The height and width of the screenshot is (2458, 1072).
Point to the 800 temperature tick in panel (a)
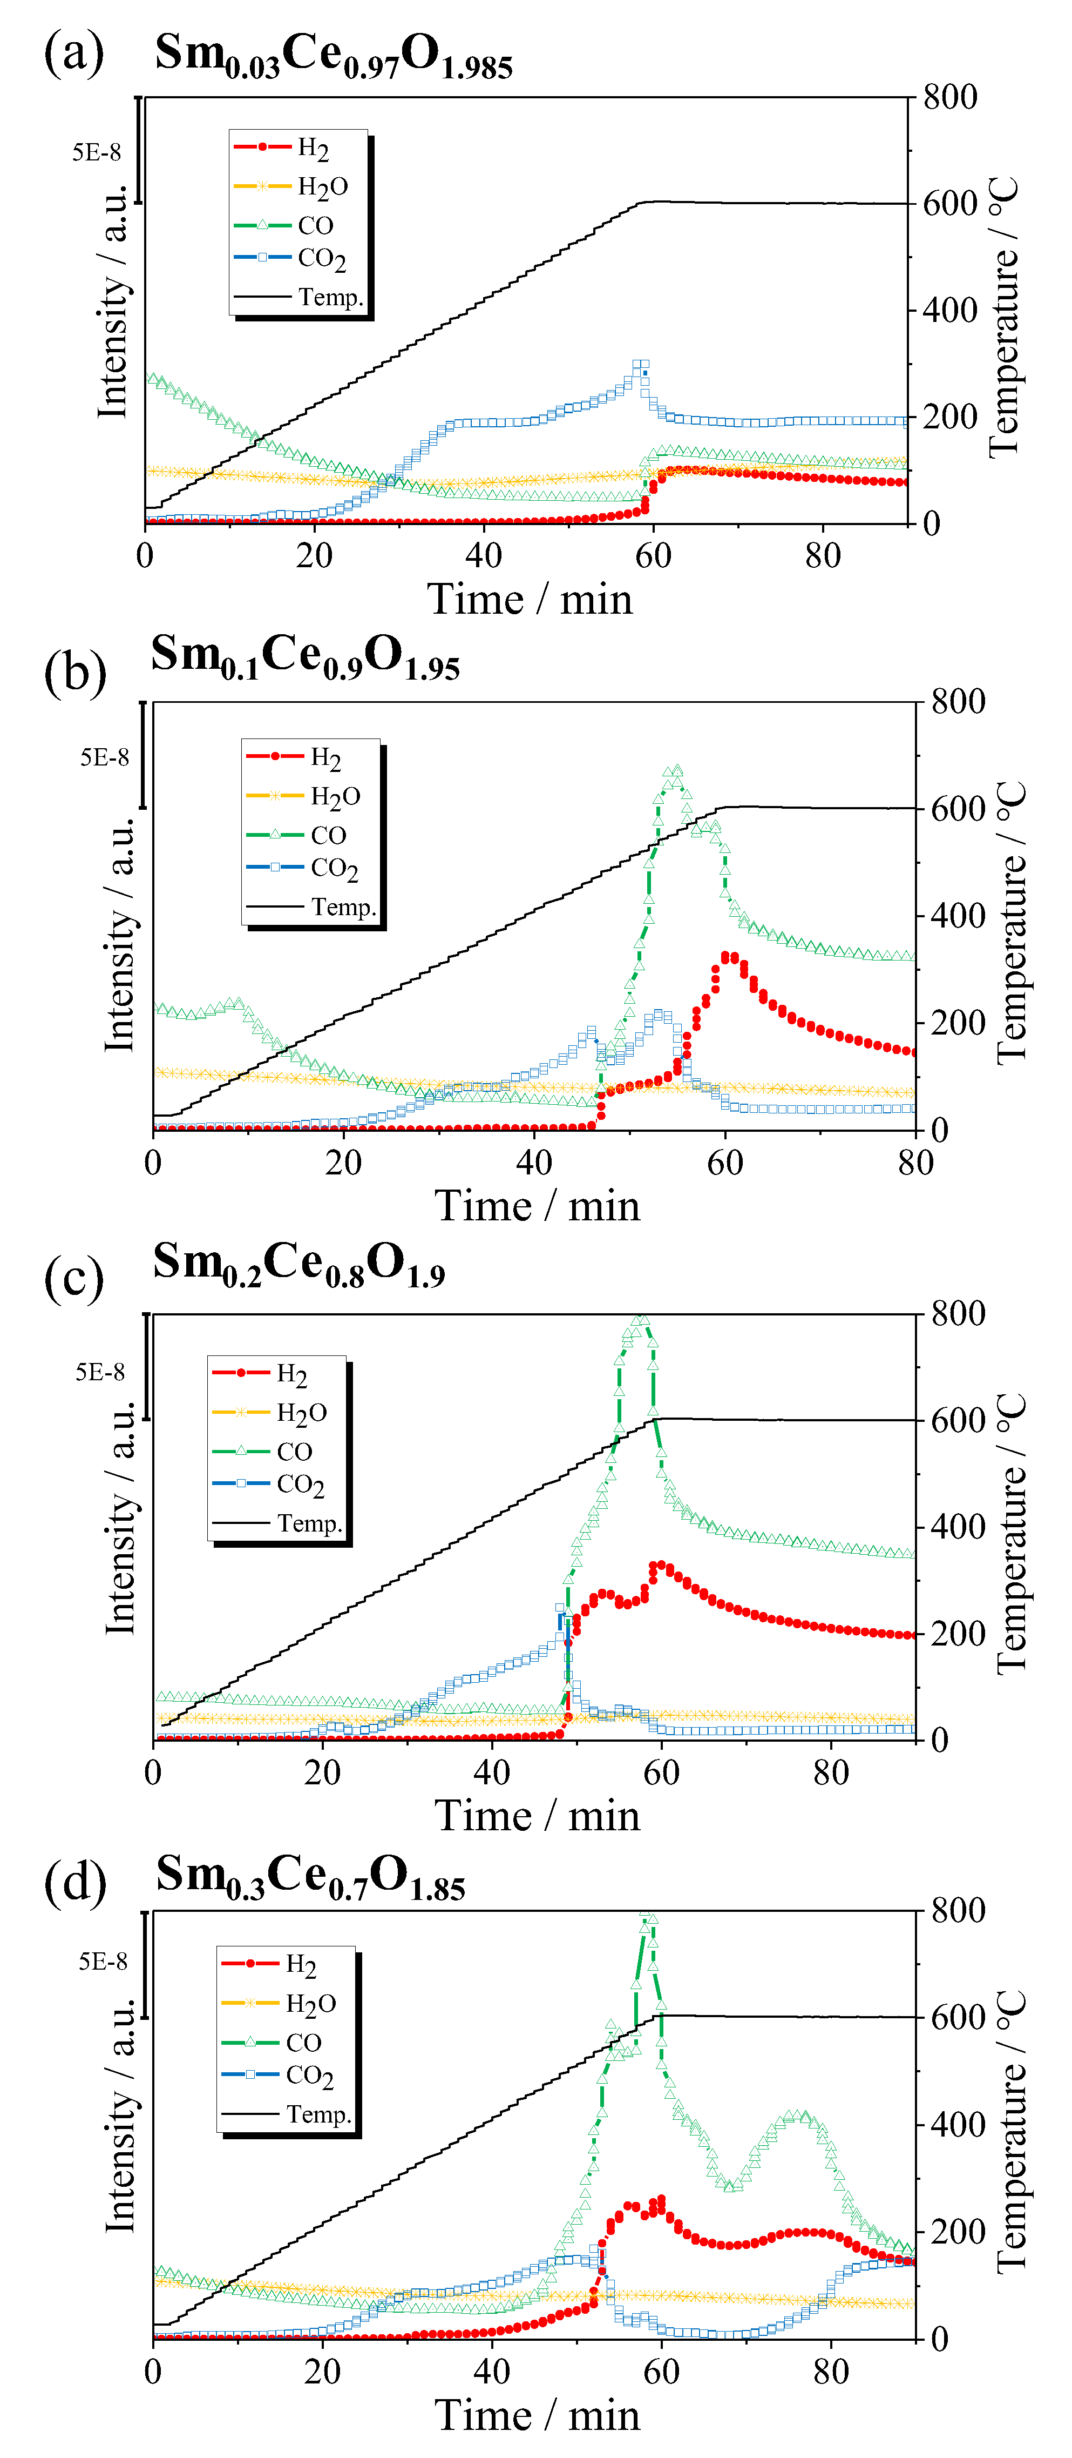pyautogui.click(x=949, y=97)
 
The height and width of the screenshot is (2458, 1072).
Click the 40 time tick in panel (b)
pyautogui.click(x=534, y=1161)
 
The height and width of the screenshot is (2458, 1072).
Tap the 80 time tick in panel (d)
pyautogui.click(x=831, y=2370)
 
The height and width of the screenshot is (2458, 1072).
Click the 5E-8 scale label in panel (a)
pyautogui.click(x=96, y=153)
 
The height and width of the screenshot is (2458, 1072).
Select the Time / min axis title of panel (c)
pyautogui.click(x=537, y=1815)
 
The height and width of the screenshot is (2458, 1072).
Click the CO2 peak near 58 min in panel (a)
pyautogui.click(x=641, y=365)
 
